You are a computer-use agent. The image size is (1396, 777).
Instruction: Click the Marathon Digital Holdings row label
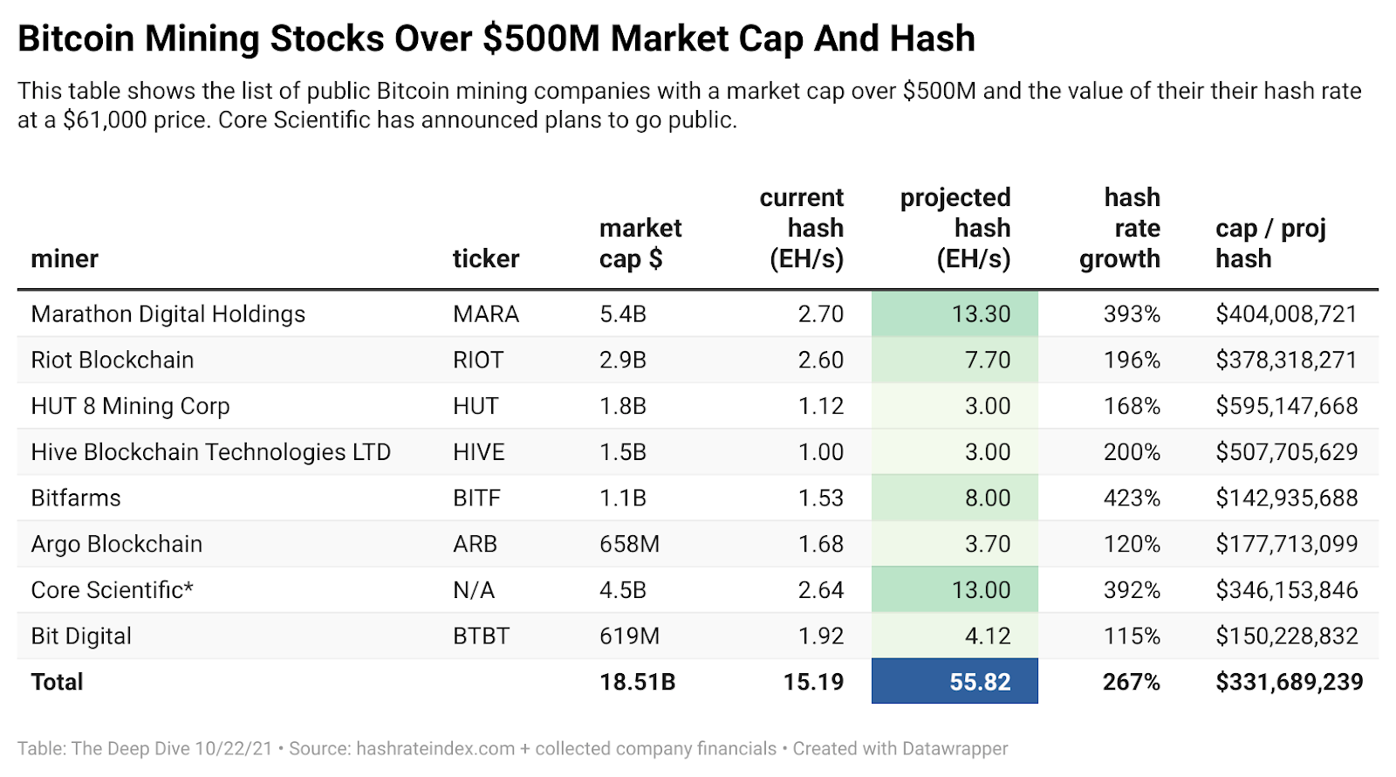(x=168, y=314)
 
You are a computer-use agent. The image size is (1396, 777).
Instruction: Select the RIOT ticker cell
(x=477, y=360)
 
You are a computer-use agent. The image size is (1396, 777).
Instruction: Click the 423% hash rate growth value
(x=1132, y=498)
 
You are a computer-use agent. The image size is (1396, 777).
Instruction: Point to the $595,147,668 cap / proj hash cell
(x=1286, y=406)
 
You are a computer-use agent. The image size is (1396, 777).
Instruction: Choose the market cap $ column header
(x=640, y=244)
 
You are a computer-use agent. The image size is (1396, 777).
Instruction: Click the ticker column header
(x=485, y=258)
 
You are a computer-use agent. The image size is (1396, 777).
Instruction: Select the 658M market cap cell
(x=629, y=544)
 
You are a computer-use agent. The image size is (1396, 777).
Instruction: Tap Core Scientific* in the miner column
(x=112, y=590)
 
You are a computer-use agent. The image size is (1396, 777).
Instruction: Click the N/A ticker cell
(x=473, y=590)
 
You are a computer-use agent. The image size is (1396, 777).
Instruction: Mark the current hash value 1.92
(x=820, y=636)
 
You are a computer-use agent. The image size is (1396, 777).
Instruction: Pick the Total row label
(x=57, y=682)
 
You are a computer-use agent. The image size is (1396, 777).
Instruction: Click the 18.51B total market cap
(x=637, y=682)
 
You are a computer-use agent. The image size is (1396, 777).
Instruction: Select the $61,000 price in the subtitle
(x=105, y=120)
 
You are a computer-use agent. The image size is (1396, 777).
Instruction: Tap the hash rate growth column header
(x=1120, y=228)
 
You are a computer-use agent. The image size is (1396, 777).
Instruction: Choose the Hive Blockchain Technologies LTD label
(x=210, y=452)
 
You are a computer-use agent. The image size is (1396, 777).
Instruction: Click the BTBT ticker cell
(x=481, y=636)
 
